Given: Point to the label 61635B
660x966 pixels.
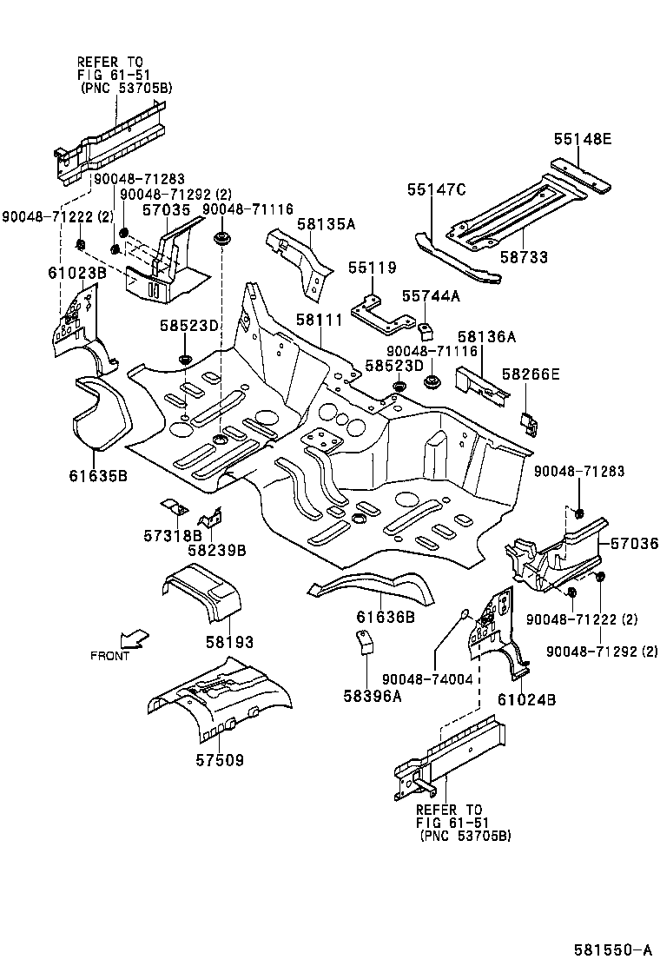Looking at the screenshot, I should tap(98, 475).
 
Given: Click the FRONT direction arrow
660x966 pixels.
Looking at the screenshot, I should tap(134, 640).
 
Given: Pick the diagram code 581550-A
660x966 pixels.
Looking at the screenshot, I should tap(610, 949).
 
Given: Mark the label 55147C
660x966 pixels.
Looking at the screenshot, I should tap(437, 190).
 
